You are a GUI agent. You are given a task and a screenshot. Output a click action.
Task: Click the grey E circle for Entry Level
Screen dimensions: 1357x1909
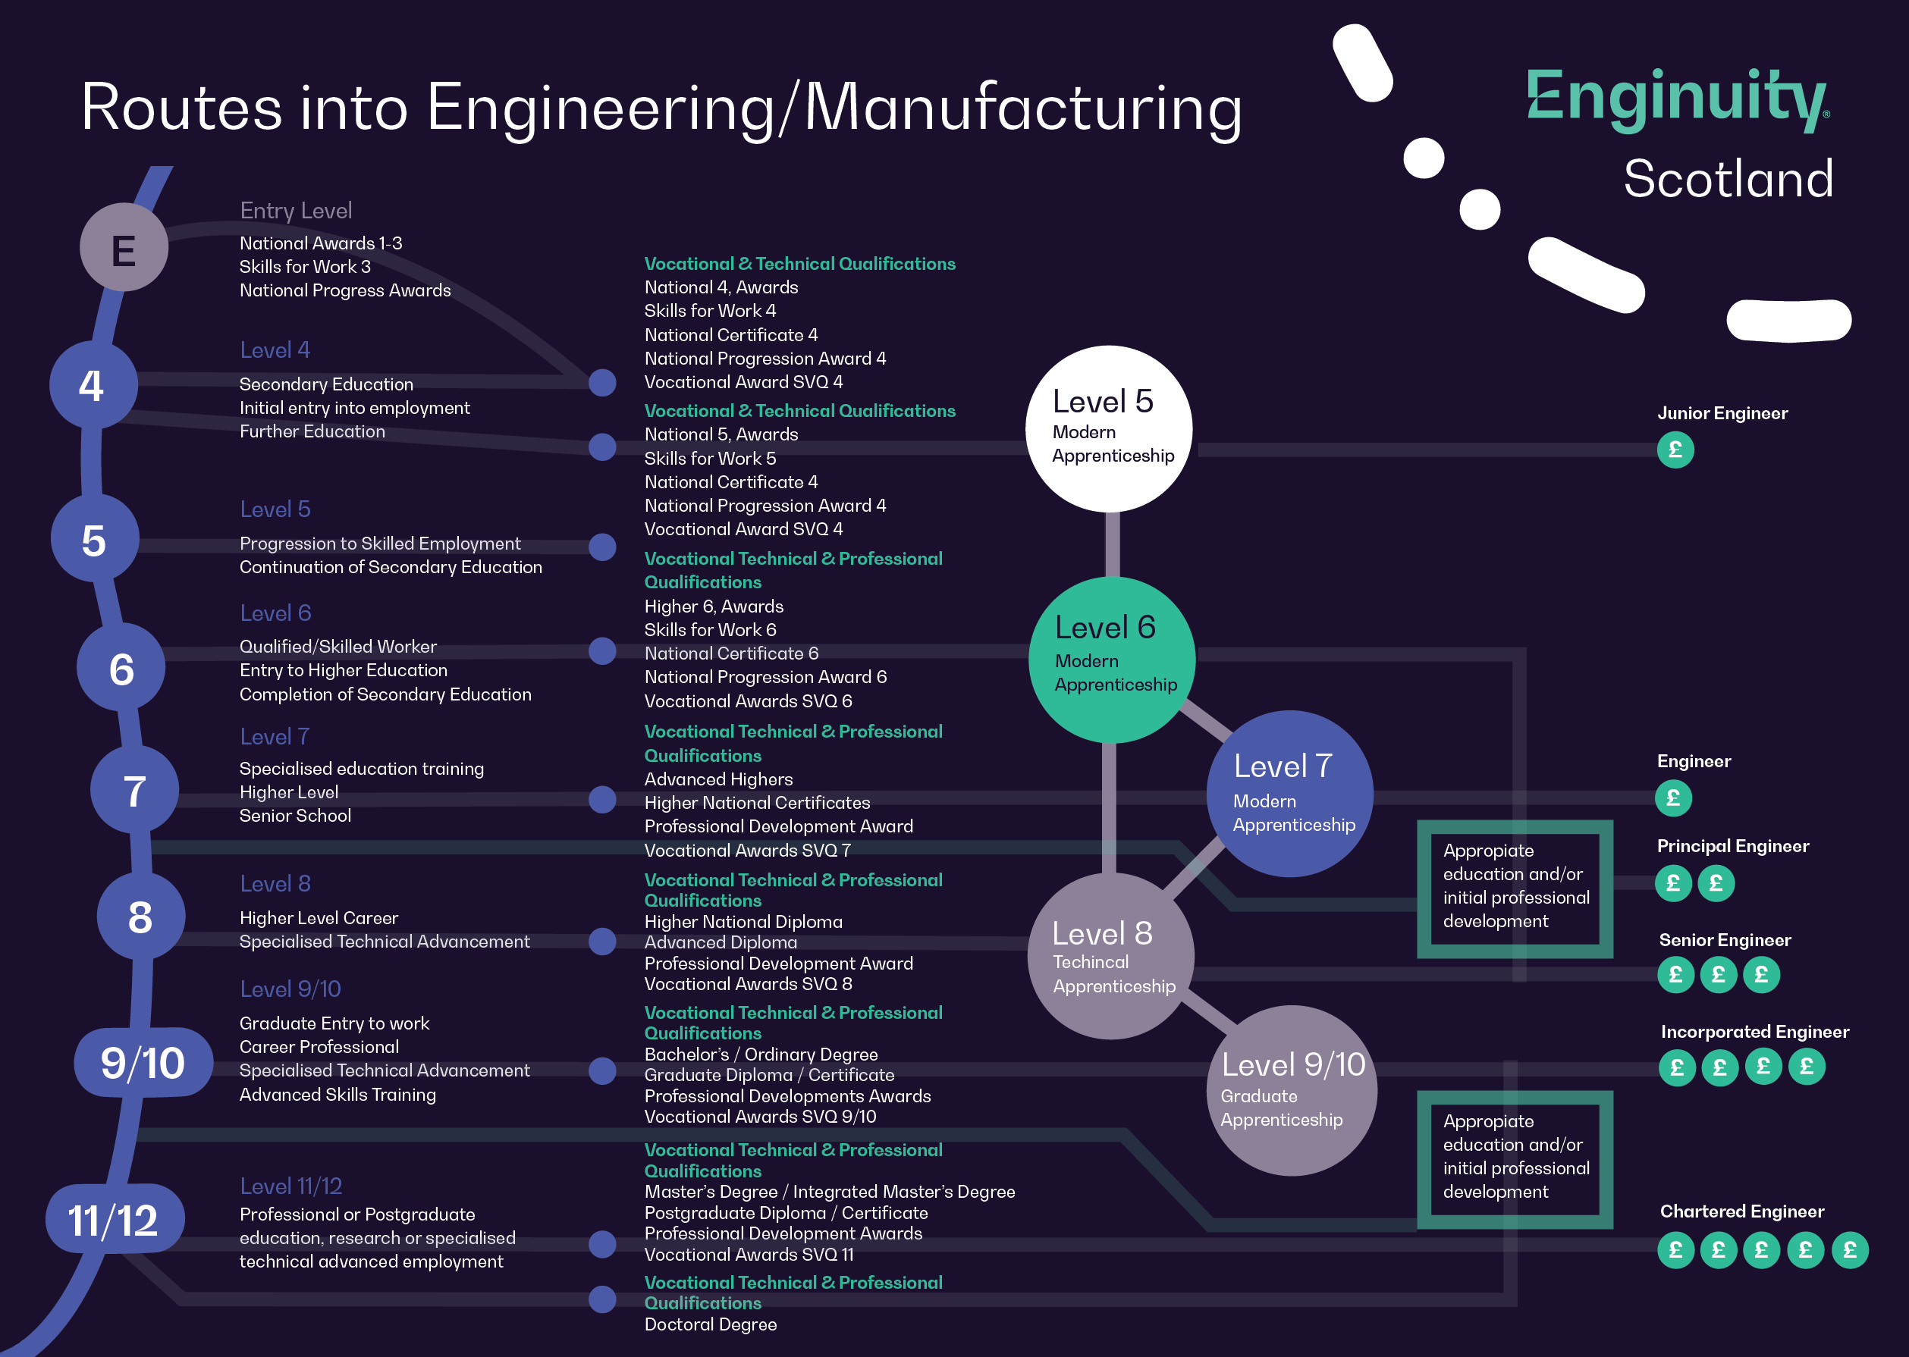coord(124,248)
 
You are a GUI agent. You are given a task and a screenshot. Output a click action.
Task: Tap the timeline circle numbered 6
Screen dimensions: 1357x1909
coord(121,668)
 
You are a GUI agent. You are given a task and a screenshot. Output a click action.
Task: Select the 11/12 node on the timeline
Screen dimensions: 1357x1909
coord(114,1220)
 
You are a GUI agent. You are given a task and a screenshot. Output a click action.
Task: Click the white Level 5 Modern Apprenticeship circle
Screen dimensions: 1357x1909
coord(1109,428)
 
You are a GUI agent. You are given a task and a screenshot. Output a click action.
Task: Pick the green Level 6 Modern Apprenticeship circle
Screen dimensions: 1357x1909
coord(1112,660)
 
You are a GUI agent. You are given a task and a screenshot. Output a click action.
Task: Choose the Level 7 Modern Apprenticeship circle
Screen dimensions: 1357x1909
coord(1289,793)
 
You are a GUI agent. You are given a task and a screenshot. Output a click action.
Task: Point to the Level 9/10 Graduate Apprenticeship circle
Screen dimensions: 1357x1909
coord(1292,1089)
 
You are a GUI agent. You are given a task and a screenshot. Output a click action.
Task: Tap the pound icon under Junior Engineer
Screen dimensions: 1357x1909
coord(1675,450)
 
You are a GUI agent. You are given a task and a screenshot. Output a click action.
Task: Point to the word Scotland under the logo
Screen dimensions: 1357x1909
coord(1728,179)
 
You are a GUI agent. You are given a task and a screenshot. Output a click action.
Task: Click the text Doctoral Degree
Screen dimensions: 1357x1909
coord(711,1324)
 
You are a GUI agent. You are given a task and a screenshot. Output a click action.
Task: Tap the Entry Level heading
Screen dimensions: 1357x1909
coord(296,211)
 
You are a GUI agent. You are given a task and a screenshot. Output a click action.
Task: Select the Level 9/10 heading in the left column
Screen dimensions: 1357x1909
coord(290,989)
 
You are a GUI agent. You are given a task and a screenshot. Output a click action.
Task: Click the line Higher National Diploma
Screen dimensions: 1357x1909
coord(743,922)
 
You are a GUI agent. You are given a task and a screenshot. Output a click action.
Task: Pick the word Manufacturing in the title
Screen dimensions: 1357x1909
coord(1022,108)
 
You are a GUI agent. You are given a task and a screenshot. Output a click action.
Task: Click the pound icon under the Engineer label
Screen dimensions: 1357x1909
coord(1673,798)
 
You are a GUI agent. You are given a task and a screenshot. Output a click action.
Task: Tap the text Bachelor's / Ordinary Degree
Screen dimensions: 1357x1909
coord(761,1055)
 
